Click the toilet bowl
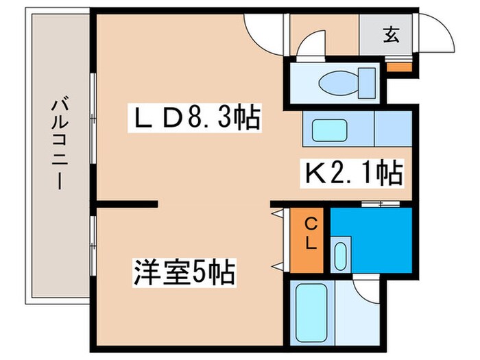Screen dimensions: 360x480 [x=339, y=82]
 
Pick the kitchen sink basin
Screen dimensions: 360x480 [x=331, y=129]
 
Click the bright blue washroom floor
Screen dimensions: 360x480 [x=374, y=233]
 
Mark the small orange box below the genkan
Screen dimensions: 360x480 [x=398, y=67]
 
